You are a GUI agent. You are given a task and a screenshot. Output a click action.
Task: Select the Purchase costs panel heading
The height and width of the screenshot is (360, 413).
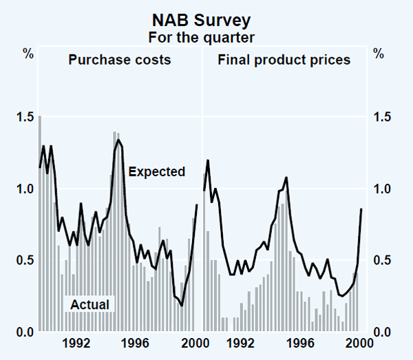pyautogui.click(x=119, y=60)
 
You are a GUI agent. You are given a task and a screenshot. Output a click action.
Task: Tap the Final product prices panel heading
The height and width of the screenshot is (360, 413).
pyautogui.click(x=284, y=60)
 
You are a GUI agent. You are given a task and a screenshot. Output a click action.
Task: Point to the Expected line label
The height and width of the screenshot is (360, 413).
pyautogui.click(x=156, y=171)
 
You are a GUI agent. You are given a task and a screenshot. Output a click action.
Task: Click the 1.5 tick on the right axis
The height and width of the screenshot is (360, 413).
pyautogui.click(x=383, y=117)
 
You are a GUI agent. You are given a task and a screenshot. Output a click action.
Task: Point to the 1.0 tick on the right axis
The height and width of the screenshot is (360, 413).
pyautogui.click(x=383, y=189)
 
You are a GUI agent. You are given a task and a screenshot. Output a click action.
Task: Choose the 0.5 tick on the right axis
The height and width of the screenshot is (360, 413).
pyautogui.click(x=383, y=261)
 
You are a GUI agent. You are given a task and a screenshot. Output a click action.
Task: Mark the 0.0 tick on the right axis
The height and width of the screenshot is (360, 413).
pyautogui.click(x=383, y=332)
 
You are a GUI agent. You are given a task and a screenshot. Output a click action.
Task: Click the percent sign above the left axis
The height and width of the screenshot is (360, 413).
pyautogui.click(x=28, y=52)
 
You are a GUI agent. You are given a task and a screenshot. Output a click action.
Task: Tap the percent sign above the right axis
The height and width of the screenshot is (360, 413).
pyautogui.click(x=378, y=52)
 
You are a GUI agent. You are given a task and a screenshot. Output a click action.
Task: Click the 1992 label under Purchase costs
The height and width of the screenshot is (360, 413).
pyautogui.click(x=76, y=342)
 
